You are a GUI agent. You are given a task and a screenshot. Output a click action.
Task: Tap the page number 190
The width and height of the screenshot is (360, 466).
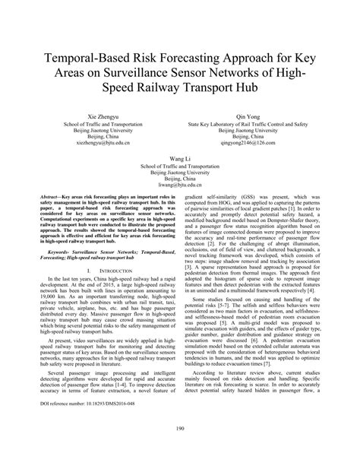pos(180,451)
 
